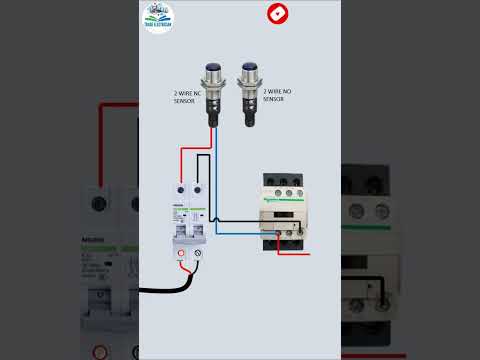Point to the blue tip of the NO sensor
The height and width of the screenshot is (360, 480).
[248, 67]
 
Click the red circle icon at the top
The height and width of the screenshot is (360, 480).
[276, 14]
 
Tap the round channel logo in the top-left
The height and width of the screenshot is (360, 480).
[158, 17]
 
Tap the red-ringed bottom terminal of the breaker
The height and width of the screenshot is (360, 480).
[182, 255]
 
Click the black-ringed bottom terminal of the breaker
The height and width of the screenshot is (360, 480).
[198, 255]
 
